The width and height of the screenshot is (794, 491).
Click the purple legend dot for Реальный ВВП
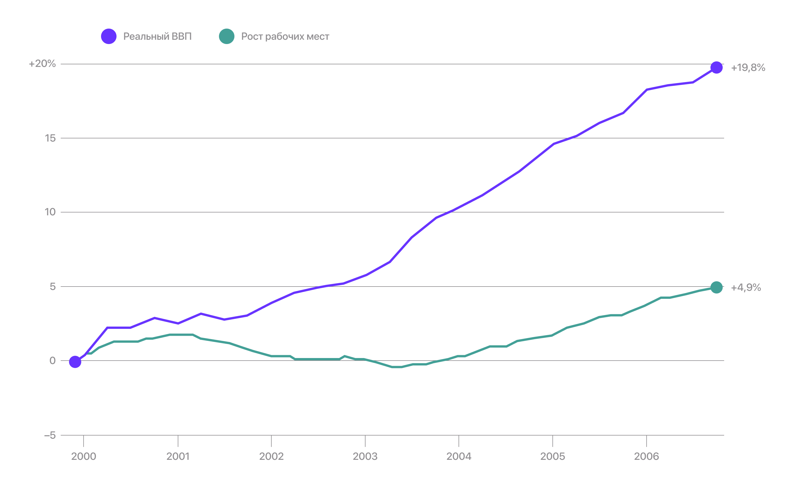(108, 36)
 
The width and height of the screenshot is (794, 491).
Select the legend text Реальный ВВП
(157, 36)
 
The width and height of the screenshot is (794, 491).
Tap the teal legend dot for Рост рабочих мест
(226, 36)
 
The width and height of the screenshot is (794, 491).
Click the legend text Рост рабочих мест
(285, 36)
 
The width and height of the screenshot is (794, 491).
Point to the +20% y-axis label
(43, 64)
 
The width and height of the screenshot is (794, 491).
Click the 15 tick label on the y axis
(50, 138)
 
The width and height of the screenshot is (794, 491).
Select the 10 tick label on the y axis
(50, 212)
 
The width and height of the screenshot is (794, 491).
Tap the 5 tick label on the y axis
(53, 287)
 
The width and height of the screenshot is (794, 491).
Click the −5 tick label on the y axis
(50, 435)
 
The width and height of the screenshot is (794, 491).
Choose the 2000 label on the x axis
(84, 456)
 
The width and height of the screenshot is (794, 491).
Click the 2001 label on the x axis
(178, 456)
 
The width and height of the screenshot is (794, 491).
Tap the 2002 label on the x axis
(271, 456)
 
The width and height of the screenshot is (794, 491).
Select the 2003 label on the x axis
(365, 456)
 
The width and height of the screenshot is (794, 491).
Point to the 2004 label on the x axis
(459, 456)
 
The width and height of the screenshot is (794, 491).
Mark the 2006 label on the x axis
(646, 456)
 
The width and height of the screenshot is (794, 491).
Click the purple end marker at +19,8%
(716, 67)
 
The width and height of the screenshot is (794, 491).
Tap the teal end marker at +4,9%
(716, 287)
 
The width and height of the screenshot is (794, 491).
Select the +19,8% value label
(748, 67)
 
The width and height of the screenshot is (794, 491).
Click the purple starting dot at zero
(75, 362)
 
